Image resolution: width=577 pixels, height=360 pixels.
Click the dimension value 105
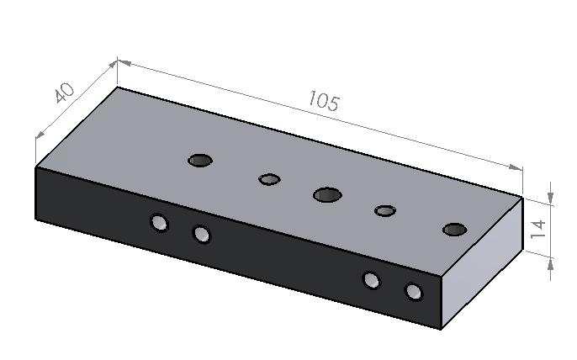click(323, 101)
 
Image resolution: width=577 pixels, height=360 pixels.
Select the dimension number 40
click(65, 93)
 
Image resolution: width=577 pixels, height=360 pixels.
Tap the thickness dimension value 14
click(538, 229)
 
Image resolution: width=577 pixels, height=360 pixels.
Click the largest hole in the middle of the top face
click(327, 195)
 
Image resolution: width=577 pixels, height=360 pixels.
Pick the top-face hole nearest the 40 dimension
click(200, 161)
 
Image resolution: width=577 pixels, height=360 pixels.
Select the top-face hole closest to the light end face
click(455, 230)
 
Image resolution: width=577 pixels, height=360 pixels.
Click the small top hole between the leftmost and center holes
click(269, 179)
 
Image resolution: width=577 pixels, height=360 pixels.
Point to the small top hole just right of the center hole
click(385, 211)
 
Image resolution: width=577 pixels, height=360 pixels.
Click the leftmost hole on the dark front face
click(159, 223)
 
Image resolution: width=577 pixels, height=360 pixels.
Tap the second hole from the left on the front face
click(202, 234)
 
